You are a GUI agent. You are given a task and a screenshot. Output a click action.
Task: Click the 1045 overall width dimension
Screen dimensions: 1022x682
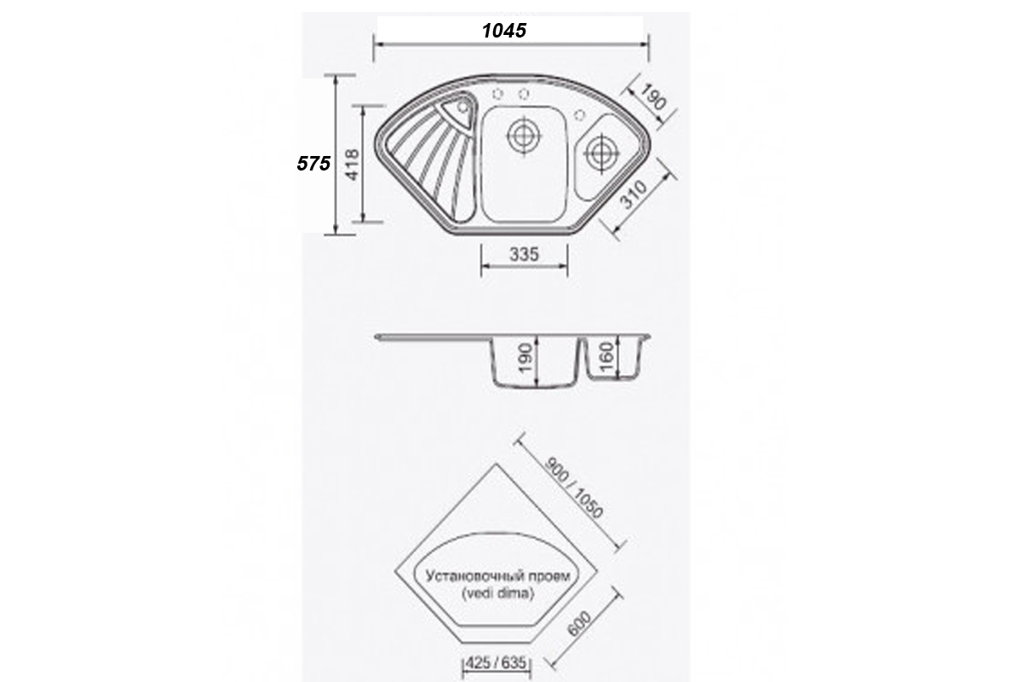click(x=504, y=31)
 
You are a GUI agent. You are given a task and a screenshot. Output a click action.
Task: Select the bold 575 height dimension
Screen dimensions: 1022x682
click(x=313, y=164)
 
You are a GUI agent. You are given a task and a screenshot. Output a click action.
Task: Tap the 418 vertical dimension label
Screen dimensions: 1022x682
click(x=353, y=165)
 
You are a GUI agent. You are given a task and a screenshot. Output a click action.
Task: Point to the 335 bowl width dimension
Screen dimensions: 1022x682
click(x=525, y=254)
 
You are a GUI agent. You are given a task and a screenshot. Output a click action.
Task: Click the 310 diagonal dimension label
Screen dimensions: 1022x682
click(x=634, y=194)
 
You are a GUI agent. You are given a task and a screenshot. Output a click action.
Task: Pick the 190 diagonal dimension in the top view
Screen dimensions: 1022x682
click(x=653, y=97)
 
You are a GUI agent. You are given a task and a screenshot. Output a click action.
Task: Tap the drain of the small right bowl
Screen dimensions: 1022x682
click(x=602, y=152)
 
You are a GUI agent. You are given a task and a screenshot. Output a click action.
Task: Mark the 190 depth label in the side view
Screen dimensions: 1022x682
click(x=526, y=358)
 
